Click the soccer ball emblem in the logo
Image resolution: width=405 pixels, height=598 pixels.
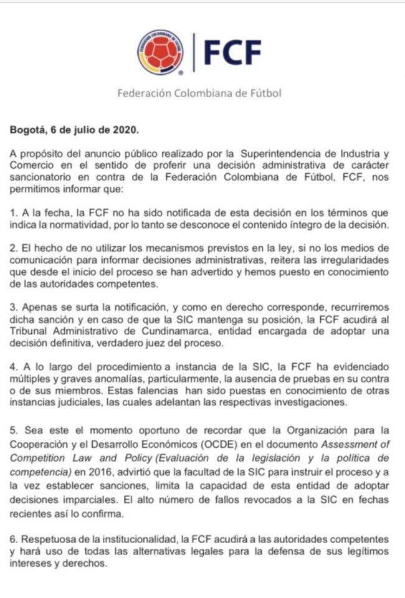coord(160,52)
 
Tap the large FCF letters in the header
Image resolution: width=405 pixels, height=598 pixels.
coord(232,53)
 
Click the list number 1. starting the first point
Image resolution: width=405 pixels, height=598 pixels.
coord(14,212)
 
